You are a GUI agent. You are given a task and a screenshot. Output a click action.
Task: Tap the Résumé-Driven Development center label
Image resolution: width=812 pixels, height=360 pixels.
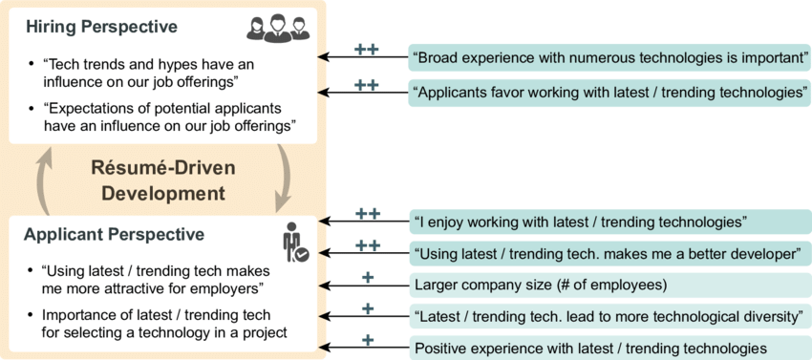click(x=162, y=180)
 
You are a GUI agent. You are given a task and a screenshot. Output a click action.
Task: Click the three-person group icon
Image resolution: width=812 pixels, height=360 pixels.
click(x=278, y=29)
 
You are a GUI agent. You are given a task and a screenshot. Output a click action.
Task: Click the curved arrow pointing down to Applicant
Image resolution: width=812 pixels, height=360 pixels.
click(x=283, y=180)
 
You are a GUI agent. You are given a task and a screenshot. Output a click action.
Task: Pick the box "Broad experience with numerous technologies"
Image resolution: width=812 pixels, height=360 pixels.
click(x=609, y=57)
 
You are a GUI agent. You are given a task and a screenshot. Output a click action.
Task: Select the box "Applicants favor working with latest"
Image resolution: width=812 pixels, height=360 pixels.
click(x=609, y=93)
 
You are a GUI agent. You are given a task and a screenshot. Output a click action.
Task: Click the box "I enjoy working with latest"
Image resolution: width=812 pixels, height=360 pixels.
click(x=609, y=222)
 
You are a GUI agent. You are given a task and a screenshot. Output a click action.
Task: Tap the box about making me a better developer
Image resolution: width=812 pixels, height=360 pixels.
click(x=609, y=254)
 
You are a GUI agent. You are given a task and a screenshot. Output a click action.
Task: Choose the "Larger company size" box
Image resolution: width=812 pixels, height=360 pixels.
click(x=609, y=285)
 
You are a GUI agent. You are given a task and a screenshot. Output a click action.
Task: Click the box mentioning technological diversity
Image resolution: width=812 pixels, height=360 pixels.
click(x=609, y=316)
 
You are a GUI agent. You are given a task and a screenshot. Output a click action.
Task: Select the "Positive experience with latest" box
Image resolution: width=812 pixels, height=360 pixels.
click(x=609, y=348)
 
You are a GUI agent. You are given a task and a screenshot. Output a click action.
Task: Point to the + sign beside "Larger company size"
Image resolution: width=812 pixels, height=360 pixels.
click(x=367, y=277)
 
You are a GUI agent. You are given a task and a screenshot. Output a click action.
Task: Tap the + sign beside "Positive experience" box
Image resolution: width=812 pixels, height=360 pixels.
click(x=367, y=339)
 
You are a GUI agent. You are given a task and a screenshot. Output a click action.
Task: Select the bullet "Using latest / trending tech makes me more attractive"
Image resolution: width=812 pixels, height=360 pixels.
click(x=153, y=279)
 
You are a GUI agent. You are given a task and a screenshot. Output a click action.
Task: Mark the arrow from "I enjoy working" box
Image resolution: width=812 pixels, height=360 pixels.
click(x=363, y=222)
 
